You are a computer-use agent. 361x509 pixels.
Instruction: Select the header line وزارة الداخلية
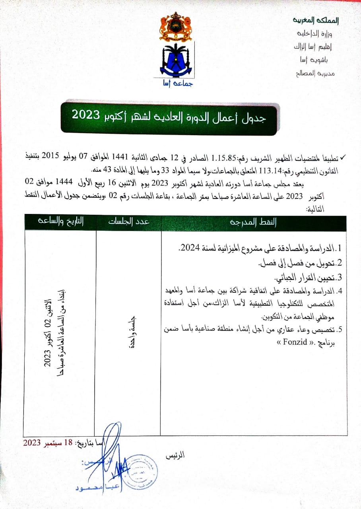coord(325,33)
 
